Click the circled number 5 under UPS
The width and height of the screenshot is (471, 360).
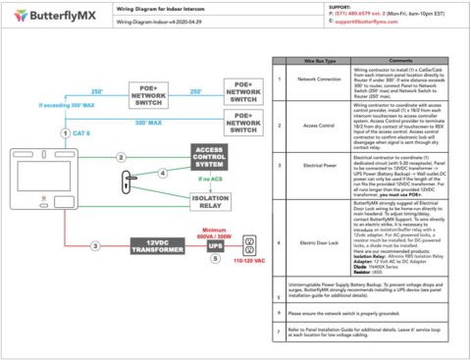pos(216,260)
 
